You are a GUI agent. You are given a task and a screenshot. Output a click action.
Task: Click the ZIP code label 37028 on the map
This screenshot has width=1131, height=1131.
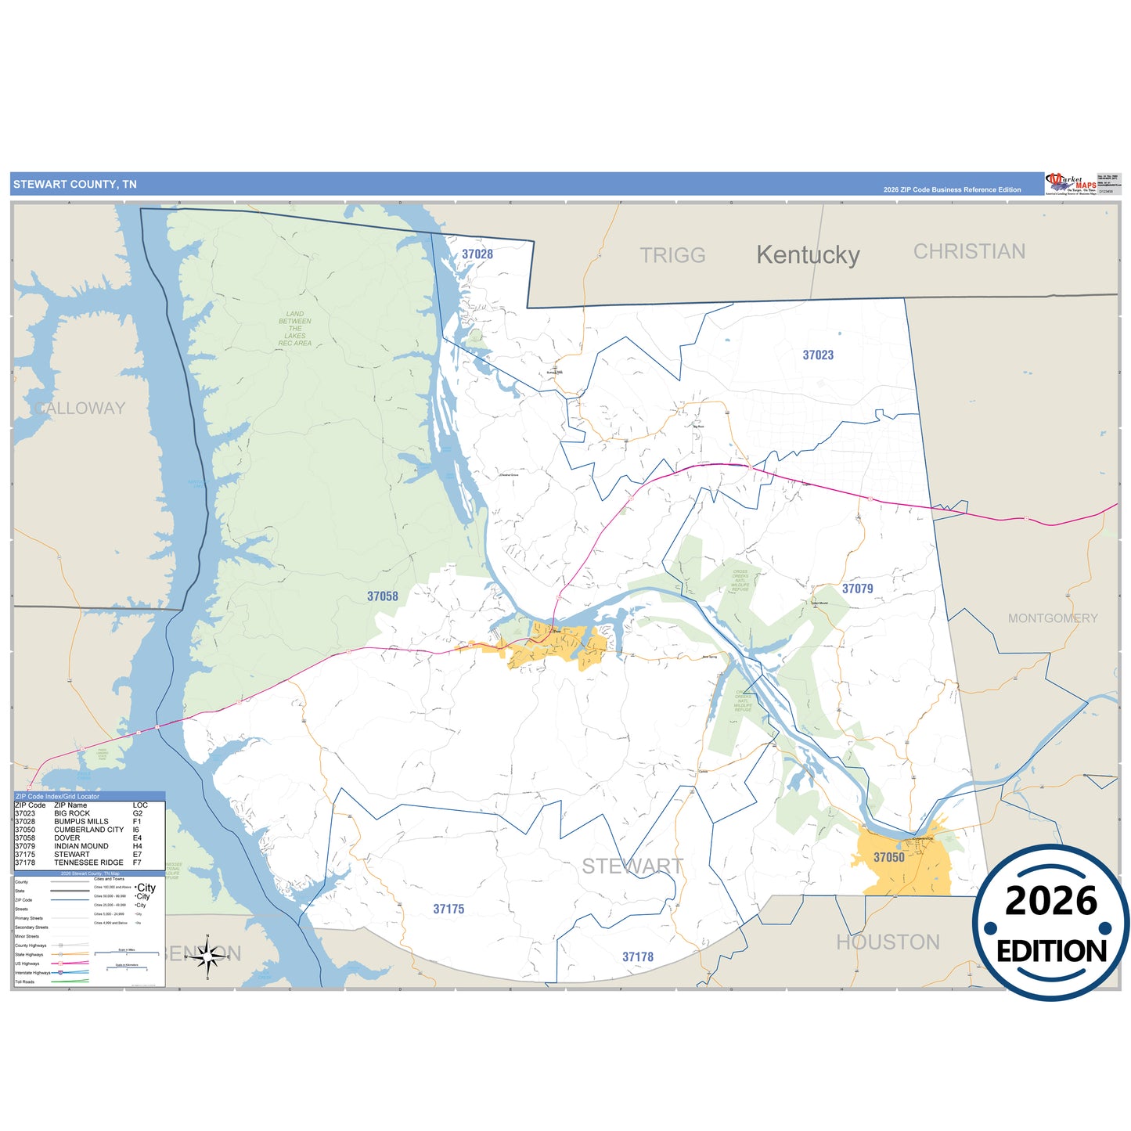477,254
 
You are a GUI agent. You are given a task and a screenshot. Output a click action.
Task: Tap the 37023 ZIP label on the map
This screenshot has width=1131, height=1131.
818,355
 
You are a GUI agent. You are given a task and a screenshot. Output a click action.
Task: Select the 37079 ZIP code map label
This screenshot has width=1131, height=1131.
857,589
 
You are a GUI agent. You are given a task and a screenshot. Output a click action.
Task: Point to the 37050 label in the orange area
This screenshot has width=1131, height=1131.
888,857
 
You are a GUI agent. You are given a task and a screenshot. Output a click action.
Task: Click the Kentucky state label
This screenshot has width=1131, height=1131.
808,255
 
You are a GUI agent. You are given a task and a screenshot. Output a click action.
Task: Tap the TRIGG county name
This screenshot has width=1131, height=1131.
672,255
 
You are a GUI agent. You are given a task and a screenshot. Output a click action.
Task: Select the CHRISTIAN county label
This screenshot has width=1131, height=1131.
969,251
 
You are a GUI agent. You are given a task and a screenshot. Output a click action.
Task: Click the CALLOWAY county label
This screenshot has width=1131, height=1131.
80,408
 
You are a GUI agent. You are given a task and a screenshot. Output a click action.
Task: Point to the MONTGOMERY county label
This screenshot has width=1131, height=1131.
1053,618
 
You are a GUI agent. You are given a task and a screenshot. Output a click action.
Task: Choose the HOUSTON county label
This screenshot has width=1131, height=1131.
888,942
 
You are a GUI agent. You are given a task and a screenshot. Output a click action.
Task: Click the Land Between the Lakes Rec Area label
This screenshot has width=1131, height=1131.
295,329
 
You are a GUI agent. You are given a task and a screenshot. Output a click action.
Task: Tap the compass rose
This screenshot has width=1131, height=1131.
207,956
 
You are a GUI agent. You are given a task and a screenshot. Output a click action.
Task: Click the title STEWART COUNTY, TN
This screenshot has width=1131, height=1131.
75,185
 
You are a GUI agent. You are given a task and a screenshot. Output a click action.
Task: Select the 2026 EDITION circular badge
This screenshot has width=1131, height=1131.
1051,923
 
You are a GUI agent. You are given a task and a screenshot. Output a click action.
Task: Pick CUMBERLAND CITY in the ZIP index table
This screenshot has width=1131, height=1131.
88,830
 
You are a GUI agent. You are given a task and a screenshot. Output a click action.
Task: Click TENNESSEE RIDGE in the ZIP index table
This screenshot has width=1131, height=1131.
88,863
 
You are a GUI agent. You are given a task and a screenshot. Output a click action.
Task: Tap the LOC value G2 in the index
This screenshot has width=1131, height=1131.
138,813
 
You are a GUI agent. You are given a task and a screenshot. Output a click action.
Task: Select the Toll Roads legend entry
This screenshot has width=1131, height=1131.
25,982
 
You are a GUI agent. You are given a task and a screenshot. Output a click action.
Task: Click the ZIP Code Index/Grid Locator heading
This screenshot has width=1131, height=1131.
57,796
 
